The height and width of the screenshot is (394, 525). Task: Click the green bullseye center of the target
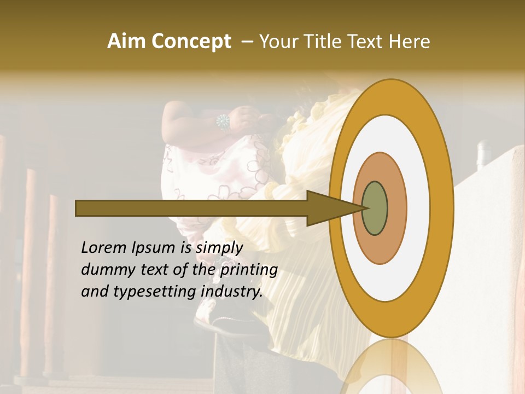pyautogui.click(x=375, y=208)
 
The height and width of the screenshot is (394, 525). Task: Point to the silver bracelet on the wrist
pyautogui.click(x=223, y=121)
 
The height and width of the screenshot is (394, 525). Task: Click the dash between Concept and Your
pyautogui.click(x=247, y=42)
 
